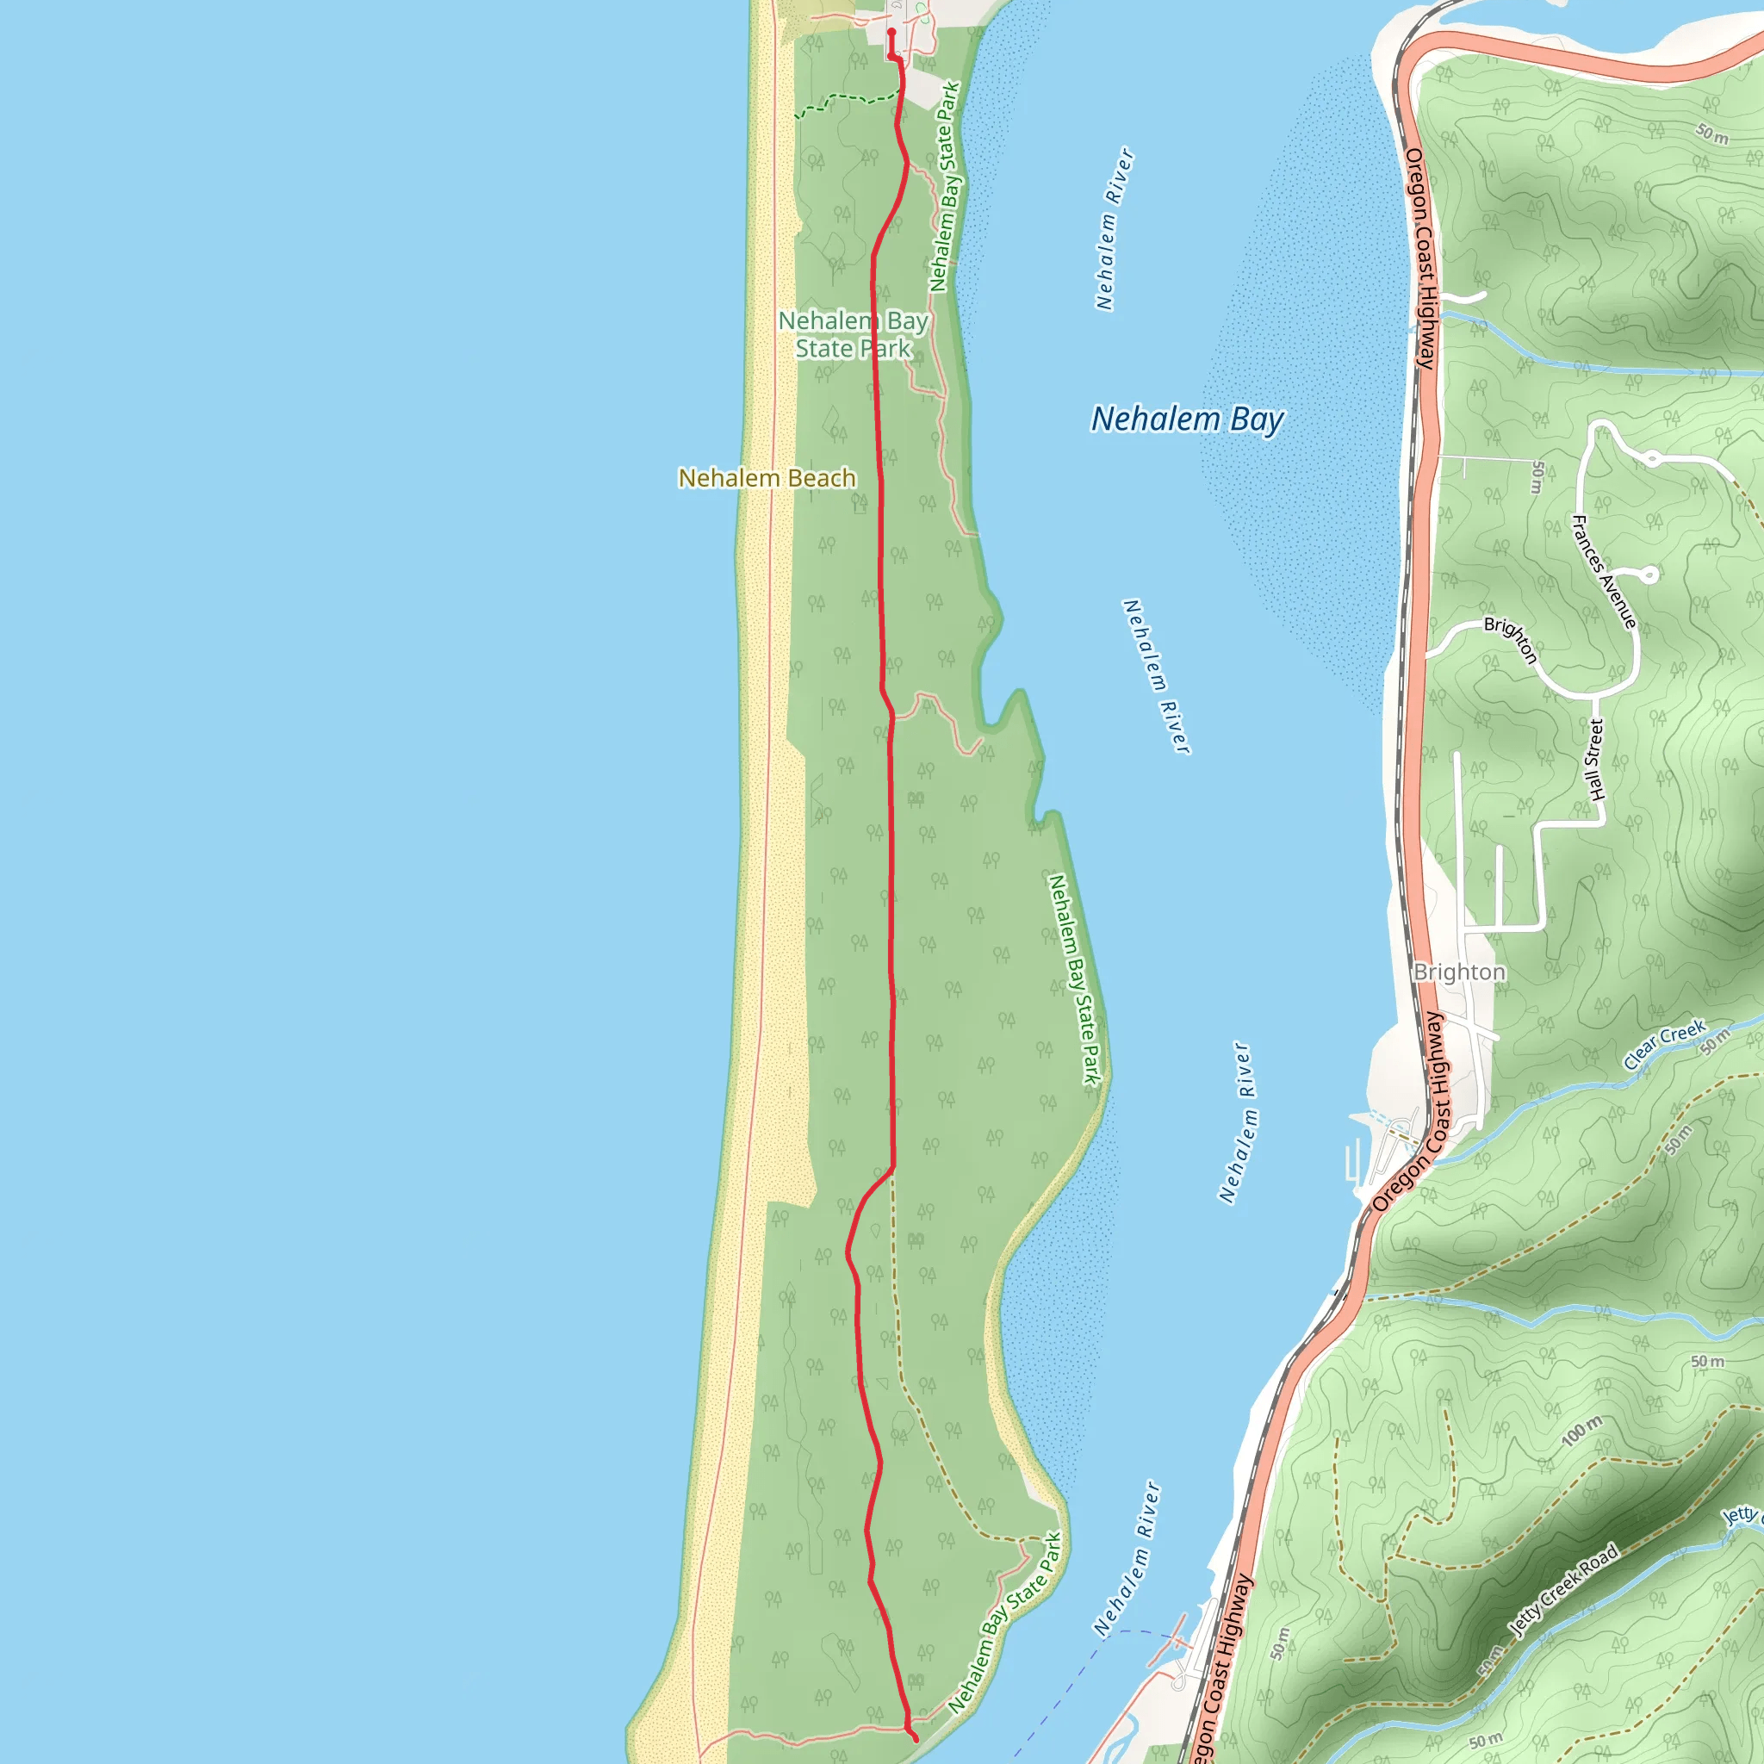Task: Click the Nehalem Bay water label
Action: [1187, 419]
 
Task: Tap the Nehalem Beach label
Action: [767, 477]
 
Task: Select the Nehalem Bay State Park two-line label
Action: [853, 334]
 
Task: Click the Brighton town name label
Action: [1458, 972]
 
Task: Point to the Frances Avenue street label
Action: [1603, 572]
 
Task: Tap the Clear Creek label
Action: [1663, 1044]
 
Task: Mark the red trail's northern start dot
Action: [891, 32]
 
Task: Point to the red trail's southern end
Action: [915, 1739]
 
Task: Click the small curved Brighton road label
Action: [1511, 638]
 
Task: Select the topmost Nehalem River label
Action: [1114, 228]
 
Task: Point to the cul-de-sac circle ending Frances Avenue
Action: [1649, 575]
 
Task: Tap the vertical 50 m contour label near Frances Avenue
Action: [1537, 476]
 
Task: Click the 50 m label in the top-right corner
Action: [1713, 134]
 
